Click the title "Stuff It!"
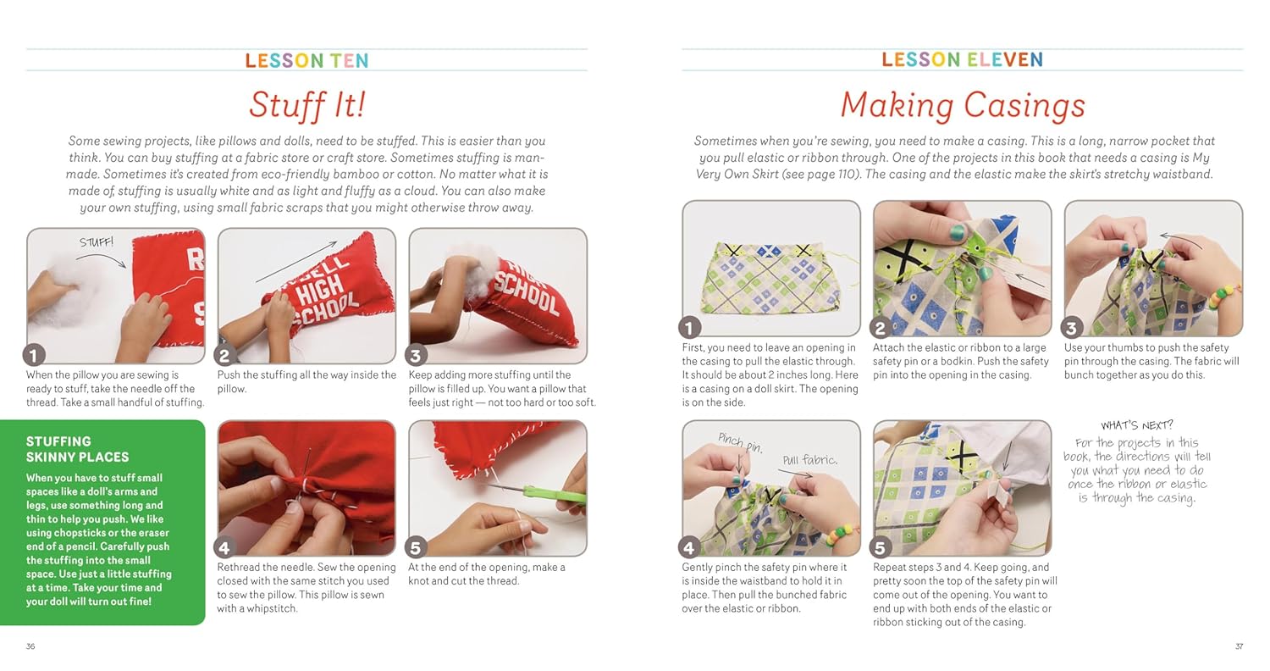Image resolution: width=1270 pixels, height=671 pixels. (x=307, y=105)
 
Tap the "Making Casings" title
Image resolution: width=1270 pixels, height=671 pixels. (x=963, y=106)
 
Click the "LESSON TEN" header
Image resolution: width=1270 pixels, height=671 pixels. (x=306, y=60)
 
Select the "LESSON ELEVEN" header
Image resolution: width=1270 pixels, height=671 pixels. (x=962, y=59)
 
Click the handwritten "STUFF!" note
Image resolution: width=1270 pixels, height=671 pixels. (x=97, y=242)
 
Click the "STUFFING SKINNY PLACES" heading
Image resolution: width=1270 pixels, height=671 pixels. (x=77, y=449)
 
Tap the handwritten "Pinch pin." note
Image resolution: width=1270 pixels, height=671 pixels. (x=741, y=443)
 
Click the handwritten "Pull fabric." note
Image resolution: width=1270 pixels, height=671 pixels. (x=809, y=460)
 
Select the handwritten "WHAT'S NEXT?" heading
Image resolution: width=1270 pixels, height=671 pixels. (x=1137, y=424)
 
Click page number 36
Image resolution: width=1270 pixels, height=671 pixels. (x=30, y=646)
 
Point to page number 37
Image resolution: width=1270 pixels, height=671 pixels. (x=1239, y=646)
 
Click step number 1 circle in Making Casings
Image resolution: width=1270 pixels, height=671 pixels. (x=689, y=328)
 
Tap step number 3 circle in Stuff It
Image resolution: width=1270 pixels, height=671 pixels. (x=416, y=356)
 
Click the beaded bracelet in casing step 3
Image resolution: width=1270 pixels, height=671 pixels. (x=1224, y=297)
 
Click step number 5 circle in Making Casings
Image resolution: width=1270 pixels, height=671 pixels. (x=881, y=548)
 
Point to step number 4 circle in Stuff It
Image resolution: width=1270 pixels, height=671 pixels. (x=224, y=548)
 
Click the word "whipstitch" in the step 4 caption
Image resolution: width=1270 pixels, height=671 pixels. (x=272, y=608)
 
